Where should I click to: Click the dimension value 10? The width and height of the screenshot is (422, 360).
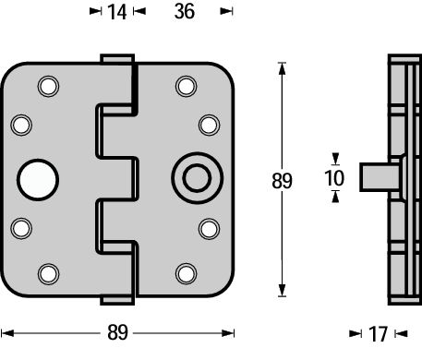coord(334,176)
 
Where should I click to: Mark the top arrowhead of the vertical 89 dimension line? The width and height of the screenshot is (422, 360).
coord(281,66)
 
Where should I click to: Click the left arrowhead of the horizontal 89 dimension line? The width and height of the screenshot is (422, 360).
coord(6,332)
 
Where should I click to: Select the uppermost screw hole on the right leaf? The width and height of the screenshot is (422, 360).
coord(185,87)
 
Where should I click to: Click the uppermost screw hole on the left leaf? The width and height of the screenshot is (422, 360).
coord(47,87)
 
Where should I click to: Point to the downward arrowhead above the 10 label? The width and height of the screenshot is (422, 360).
coord(334,159)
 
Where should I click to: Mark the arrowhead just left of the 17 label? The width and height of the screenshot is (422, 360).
coord(356,333)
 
